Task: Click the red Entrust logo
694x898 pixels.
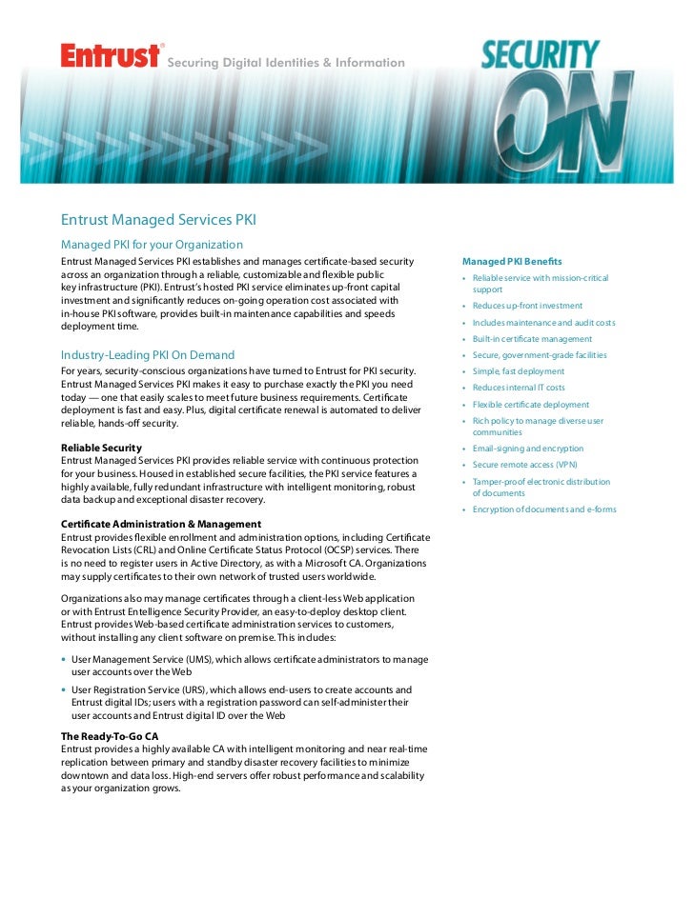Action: [x=110, y=56]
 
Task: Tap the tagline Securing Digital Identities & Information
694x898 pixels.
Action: [x=286, y=63]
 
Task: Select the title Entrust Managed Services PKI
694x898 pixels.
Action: [x=159, y=221]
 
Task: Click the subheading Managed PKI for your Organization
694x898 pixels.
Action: [x=153, y=245]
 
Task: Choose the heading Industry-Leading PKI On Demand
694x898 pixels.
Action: [x=148, y=355]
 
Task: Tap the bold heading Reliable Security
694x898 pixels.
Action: [x=101, y=448]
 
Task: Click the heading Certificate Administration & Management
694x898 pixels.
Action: [x=161, y=524]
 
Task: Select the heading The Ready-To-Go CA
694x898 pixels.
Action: [x=110, y=736]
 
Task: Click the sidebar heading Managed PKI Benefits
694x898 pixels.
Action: [x=512, y=261]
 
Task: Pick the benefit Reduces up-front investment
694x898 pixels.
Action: [x=527, y=306]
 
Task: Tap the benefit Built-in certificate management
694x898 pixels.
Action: [x=532, y=339]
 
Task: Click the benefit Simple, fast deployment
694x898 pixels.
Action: [x=518, y=371]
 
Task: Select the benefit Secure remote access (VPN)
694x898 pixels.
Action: [x=525, y=465]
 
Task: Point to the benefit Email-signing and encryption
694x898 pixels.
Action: [x=528, y=449]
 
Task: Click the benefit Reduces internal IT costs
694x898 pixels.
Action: [x=519, y=388]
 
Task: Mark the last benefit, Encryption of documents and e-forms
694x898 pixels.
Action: [x=544, y=509]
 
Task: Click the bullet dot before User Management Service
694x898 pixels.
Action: [x=64, y=659]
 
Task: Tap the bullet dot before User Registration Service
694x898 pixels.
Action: [x=64, y=689]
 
